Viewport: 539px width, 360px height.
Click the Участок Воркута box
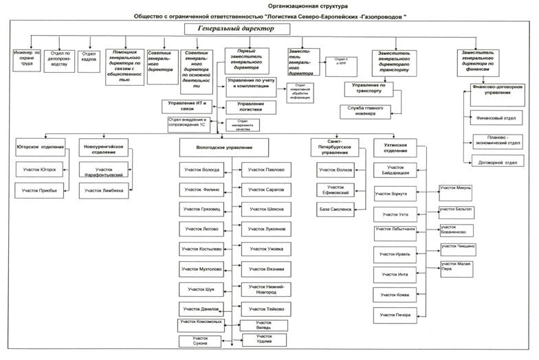(x=395, y=194)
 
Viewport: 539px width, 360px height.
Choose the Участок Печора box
(x=395, y=316)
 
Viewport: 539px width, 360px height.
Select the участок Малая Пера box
(x=457, y=267)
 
